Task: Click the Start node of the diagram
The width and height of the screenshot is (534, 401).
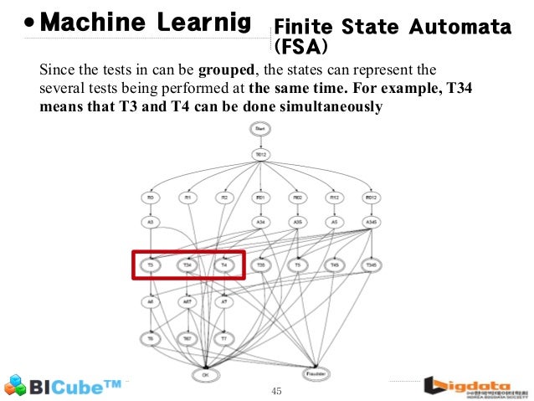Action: pos(261,128)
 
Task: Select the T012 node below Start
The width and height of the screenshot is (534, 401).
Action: pos(261,155)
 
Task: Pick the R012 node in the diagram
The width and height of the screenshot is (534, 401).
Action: pos(371,198)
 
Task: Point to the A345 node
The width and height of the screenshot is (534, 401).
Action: pos(371,223)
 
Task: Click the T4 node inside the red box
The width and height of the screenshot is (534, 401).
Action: pos(223,265)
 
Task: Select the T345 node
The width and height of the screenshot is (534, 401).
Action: pos(371,265)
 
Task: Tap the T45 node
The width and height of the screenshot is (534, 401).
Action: pos(334,265)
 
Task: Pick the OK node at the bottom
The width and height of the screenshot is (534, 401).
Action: pos(204,374)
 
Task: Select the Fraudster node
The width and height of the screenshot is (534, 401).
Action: pos(315,374)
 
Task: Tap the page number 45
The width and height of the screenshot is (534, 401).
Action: pos(278,391)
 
